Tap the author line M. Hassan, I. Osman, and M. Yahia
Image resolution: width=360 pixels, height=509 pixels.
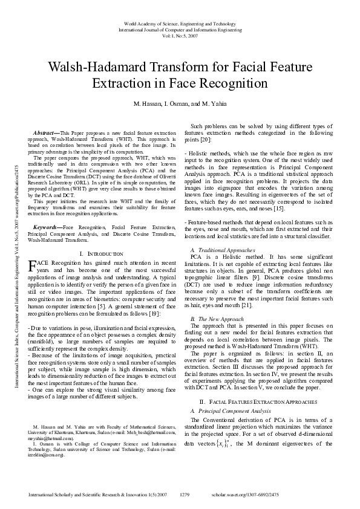coord(179,104)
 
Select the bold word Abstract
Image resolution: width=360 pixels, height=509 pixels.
coord(44,132)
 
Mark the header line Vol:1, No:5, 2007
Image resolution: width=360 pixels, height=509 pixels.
coord(179,36)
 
